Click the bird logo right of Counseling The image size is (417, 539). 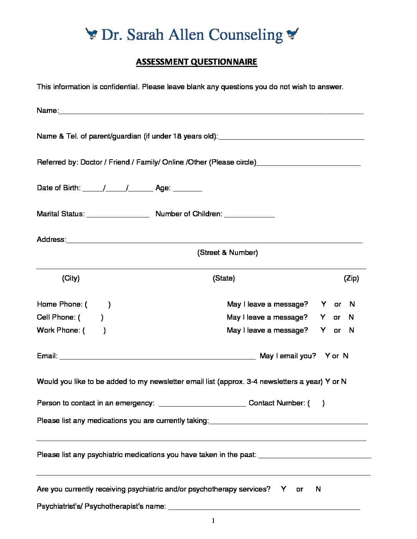pos(292,34)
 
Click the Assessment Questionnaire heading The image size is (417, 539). pos(196,62)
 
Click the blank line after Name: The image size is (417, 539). pos(211,112)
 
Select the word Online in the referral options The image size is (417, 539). pos(173,162)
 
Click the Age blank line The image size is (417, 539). pos(187,189)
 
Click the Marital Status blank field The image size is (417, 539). pos(118,215)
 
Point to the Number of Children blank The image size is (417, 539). pos(249,215)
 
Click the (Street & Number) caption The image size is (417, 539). pos(227,253)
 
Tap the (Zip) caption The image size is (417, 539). pos(351,278)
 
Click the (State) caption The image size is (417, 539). pos(224,278)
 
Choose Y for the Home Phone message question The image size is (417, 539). pos(324,304)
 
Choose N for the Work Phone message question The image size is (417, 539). pos(351,330)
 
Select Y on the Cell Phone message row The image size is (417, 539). pos(323,317)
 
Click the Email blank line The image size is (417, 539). pos(157,358)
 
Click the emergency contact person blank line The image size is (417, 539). pos(202,404)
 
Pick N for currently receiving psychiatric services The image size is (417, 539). pos(318,489)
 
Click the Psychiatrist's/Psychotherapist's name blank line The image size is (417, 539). pos(264,508)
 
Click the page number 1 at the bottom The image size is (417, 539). pos(213,521)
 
